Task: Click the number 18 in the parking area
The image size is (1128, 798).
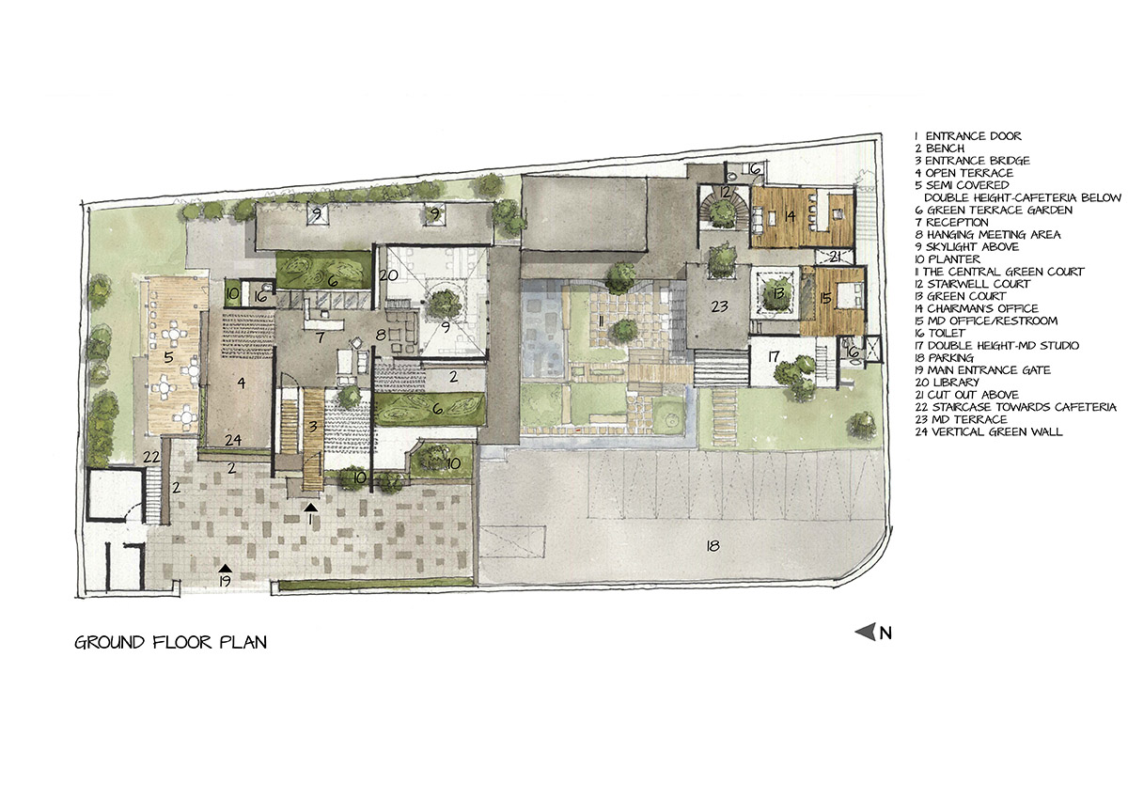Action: [x=713, y=546]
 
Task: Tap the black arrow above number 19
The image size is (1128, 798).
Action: [x=225, y=568]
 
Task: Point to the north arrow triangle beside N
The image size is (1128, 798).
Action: [x=866, y=632]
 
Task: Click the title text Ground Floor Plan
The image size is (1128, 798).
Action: [x=171, y=642]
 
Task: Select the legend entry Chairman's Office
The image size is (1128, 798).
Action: [x=977, y=308]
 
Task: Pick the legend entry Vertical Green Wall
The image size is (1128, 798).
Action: [x=989, y=431]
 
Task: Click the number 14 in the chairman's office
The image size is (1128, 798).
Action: [x=790, y=216]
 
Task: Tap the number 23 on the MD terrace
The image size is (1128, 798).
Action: [x=719, y=305]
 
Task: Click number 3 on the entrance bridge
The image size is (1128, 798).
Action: [x=313, y=427]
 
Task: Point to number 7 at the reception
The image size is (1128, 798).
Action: [x=320, y=336]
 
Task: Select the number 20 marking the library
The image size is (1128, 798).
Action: [x=388, y=274]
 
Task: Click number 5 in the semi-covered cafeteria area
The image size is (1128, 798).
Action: [x=168, y=357]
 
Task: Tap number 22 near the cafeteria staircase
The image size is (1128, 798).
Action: [x=151, y=457]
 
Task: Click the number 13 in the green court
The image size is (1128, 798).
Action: [x=778, y=292]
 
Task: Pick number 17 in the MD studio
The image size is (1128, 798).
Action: [x=774, y=356]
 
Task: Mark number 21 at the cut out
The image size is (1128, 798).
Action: [x=835, y=258]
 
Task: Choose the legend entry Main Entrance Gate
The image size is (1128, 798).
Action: [x=982, y=370]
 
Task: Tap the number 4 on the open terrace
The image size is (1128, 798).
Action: [x=242, y=383]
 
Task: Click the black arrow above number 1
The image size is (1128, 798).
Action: [x=311, y=507]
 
